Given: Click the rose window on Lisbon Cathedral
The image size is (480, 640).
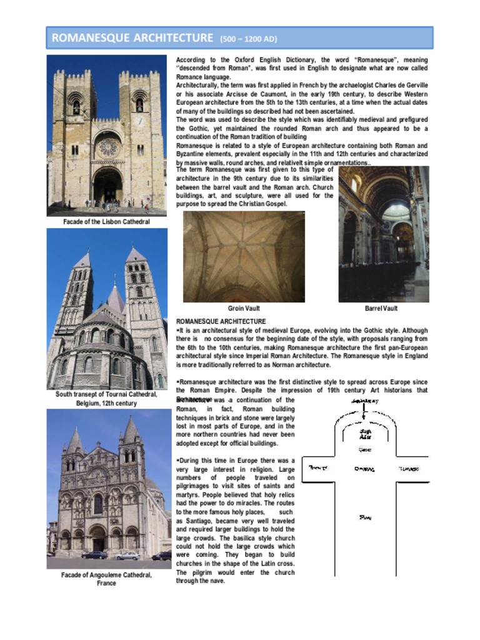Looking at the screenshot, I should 107,147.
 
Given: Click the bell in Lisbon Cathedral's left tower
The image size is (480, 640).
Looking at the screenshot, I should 76,106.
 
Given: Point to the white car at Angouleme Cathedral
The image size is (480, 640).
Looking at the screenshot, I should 127,555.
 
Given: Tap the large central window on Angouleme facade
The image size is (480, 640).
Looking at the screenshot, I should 98,504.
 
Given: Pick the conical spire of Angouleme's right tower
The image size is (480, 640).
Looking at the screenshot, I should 131,431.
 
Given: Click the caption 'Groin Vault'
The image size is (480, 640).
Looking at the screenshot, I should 244,308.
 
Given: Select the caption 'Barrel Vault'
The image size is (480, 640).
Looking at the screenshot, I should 381,308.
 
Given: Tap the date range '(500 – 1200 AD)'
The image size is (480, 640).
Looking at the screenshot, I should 249,39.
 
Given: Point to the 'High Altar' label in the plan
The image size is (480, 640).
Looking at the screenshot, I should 366,433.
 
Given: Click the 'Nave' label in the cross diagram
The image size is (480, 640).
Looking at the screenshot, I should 366,517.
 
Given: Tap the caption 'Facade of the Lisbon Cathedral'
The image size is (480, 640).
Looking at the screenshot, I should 106,222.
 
